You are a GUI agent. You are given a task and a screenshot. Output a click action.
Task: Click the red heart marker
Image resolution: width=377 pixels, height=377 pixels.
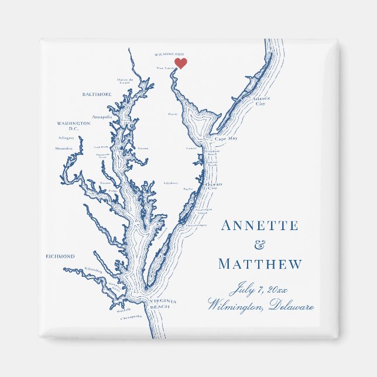(181, 63)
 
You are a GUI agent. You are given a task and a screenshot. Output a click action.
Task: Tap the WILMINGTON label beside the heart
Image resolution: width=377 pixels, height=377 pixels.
(169, 54)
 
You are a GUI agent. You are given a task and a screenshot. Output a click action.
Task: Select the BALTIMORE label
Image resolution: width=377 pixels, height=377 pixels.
(97, 94)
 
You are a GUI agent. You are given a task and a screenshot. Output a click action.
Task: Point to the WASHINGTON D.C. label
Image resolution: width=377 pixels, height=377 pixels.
(73, 126)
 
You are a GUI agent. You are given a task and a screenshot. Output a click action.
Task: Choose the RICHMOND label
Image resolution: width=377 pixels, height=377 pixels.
(60, 256)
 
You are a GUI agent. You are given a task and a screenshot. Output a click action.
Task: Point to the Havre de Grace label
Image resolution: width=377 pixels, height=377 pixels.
(125, 81)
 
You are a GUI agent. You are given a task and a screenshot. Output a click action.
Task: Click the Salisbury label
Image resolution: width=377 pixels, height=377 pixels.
(170, 183)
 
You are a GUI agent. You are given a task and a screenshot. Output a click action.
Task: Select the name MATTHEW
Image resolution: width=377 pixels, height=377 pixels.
(260, 265)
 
